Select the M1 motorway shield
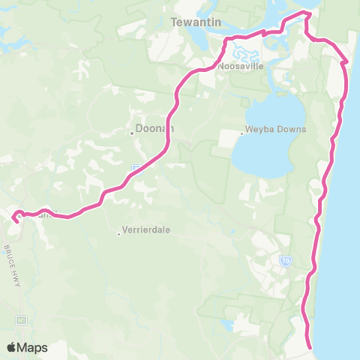pyautogui.click(x=20, y=319)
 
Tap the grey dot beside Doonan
pyautogui.click(x=132, y=133)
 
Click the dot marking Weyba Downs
pyautogui.click(x=241, y=134)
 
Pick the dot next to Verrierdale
pyautogui.click(x=118, y=233)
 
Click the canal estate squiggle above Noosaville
pyautogui.click(x=244, y=53)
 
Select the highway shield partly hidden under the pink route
pyautogui.click(x=136, y=168)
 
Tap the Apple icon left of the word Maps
pyautogui.click(x=11, y=347)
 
